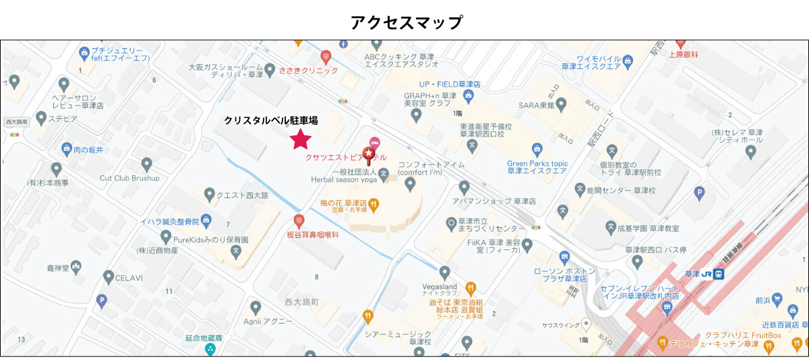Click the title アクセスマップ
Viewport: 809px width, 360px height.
(x=407, y=22)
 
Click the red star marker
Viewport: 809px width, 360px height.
(x=300, y=139)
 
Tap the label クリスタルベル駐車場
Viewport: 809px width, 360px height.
(x=271, y=120)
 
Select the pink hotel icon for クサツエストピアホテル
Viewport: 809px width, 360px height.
(x=375, y=143)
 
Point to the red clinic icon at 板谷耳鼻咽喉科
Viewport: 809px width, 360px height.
(x=299, y=220)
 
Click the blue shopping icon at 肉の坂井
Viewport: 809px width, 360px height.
(x=67, y=149)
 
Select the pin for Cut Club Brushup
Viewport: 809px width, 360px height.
(x=147, y=164)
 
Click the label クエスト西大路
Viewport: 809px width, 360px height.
(x=242, y=196)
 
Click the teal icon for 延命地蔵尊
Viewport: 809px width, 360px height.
(x=210, y=349)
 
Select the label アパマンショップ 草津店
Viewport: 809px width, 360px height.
(x=504, y=201)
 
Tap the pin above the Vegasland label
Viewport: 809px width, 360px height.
(x=444, y=272)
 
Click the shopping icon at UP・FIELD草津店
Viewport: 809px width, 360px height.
(x=469, y=97)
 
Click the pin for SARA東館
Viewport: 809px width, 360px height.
(x=562, y=105)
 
